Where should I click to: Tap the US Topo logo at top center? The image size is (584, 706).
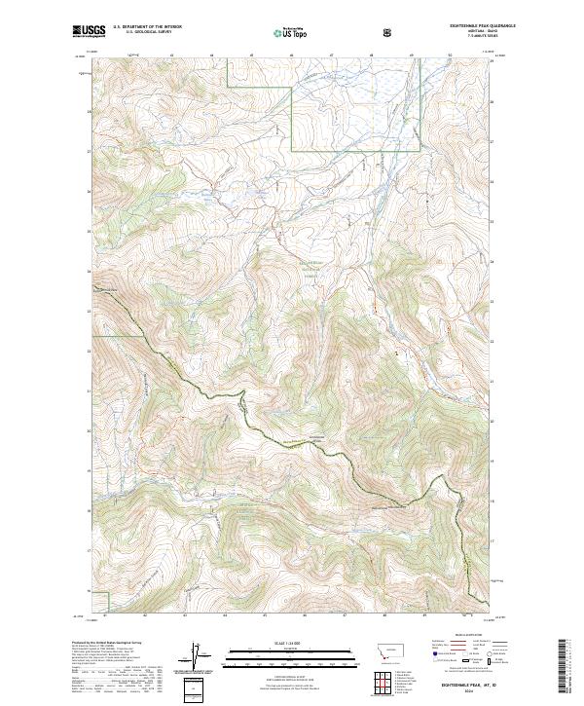click(x=282, y=33)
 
